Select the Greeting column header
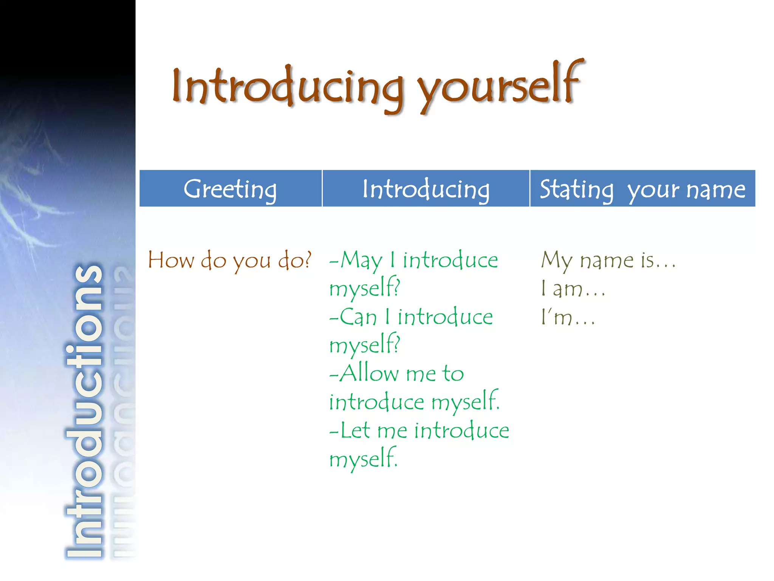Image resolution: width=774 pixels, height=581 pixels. pyautogui.click(x=230, y=189)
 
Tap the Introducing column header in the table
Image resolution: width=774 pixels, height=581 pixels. pyautogui.click(x=426, y=189)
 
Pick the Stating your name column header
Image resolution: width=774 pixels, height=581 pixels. pyautogui.click(x=642, y=189)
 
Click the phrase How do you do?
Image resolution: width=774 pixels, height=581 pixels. pyautogui.click(x=229, y=261)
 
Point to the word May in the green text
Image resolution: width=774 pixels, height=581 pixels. pyautogui.click(x=361, y=261)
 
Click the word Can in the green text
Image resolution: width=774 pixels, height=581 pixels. pyautogui.click(x=358, y=317)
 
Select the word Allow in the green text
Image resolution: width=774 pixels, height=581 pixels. pyautogui.click(x=369, y=373)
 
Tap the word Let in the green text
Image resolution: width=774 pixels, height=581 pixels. pyautogui.click(x=355, y=430)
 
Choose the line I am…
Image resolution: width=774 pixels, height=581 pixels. pyautogui.click(x=573, y=289)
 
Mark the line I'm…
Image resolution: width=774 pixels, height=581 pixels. pyautogui.click(x=567, y=317)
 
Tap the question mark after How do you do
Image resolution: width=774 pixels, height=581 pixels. pyautogui.click(x=308, y=260)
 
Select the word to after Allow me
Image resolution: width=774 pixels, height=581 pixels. pyautogui.click(x=453, y=374)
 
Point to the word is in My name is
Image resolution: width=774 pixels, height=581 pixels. pyautogui.click(x=647, y=260)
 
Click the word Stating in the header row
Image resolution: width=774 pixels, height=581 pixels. pyautogui.click(x=576, y=190)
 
